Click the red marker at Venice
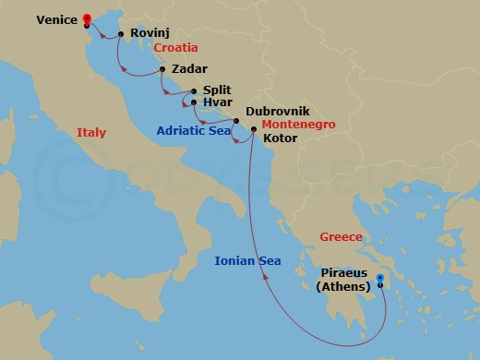[87, 18]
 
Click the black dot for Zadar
[162, 69]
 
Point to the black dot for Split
[192, 91]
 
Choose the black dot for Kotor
[254, 129]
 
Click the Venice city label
[57, 18]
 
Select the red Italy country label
[91, 133]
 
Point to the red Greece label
[341, 237]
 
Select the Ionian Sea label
[247, 261]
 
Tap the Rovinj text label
[150, 32]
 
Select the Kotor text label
[281, 139]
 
